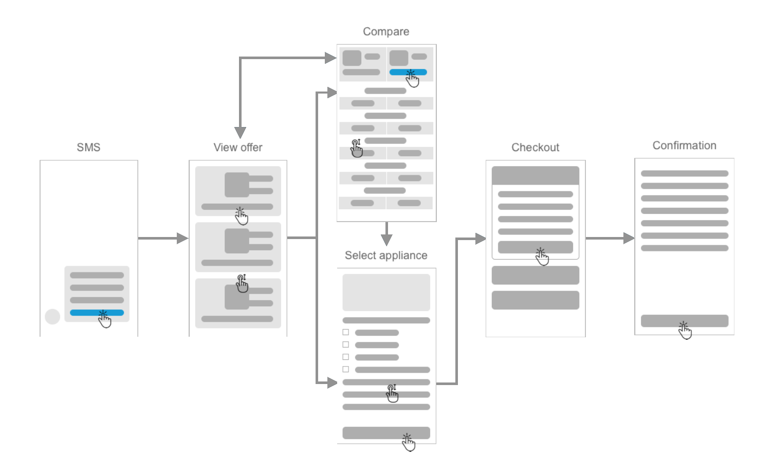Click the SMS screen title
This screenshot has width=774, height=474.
pyautogui.click(x=88, y=148)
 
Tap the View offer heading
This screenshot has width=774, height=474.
pyautogui.click(x=238, y=148)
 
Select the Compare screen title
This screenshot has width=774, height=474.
pyautogui.click(x=386, y=32)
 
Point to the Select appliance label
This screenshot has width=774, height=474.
pyautogui.click(x=386, y=256)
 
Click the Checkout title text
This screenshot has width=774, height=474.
pyautogui.click(x=535, y=148)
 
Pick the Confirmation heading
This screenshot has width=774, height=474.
pyautogui.click(x=684, y=145)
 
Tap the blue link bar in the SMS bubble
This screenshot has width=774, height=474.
pyautogui.click(x=87, y=313)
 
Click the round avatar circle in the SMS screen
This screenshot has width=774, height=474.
pyautogui.click(x=52, y=317)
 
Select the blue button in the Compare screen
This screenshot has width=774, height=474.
pyautogui.click(x=401, y=72)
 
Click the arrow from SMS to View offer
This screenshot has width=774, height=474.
pyautogui.click(x=162, y=238)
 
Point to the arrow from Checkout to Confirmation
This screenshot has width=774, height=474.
pyautogui.click(x=610, y=238)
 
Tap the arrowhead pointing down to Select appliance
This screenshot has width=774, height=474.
pyautogui.click(x=386, y=239)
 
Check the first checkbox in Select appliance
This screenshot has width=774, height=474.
pyautogui.click(x=346, y=333)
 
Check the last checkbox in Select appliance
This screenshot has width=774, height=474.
pyautogui.click(x=346, y=370)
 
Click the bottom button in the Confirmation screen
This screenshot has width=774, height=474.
pyautogui.click(x=684, y=321)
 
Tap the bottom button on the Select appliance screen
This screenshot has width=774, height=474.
pyautogui.click(x=386, y=433)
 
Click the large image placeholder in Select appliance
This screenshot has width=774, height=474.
pyautogui.click(x=386, y=292)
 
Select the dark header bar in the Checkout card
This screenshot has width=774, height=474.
pyautogui.click(x=535, y=175)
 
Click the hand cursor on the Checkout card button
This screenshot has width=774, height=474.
pyautogui.click(x=542, y=257)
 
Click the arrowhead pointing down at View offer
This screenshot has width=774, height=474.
pyautogui.click(x=240, y=133)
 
